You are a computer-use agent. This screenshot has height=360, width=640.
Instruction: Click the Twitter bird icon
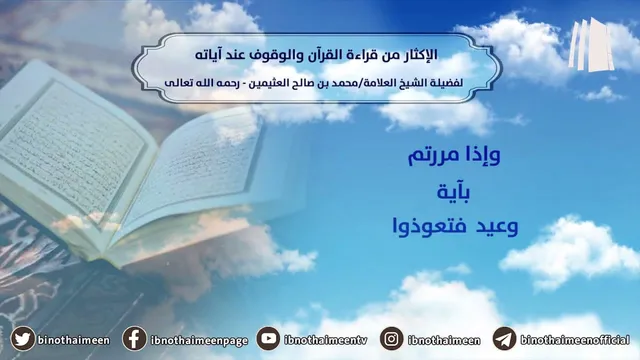coord(22,339)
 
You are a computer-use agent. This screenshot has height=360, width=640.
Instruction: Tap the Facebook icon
coord(134,339)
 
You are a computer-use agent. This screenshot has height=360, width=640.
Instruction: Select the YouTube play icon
coord(268,339)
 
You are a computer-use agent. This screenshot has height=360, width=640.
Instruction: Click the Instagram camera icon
coord(391,339)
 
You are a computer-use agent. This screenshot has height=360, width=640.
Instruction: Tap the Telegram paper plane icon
coord(504,339)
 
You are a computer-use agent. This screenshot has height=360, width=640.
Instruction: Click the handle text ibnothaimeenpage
coord(199,341)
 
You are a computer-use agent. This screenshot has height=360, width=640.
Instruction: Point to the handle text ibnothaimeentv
coord(325,340)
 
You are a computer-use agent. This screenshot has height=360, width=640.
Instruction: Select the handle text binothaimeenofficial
coord(575,340)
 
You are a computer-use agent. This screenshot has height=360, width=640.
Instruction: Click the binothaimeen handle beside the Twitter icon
coord(74,340)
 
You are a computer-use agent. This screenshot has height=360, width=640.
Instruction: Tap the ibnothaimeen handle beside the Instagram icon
coord(444,340)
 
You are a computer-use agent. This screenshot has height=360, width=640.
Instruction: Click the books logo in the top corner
coord(591,45)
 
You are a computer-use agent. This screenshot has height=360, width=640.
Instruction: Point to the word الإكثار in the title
coord(418,55)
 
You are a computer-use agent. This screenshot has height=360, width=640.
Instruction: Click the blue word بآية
coord(453,191)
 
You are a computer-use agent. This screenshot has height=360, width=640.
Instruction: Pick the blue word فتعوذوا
coord(429,226)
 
